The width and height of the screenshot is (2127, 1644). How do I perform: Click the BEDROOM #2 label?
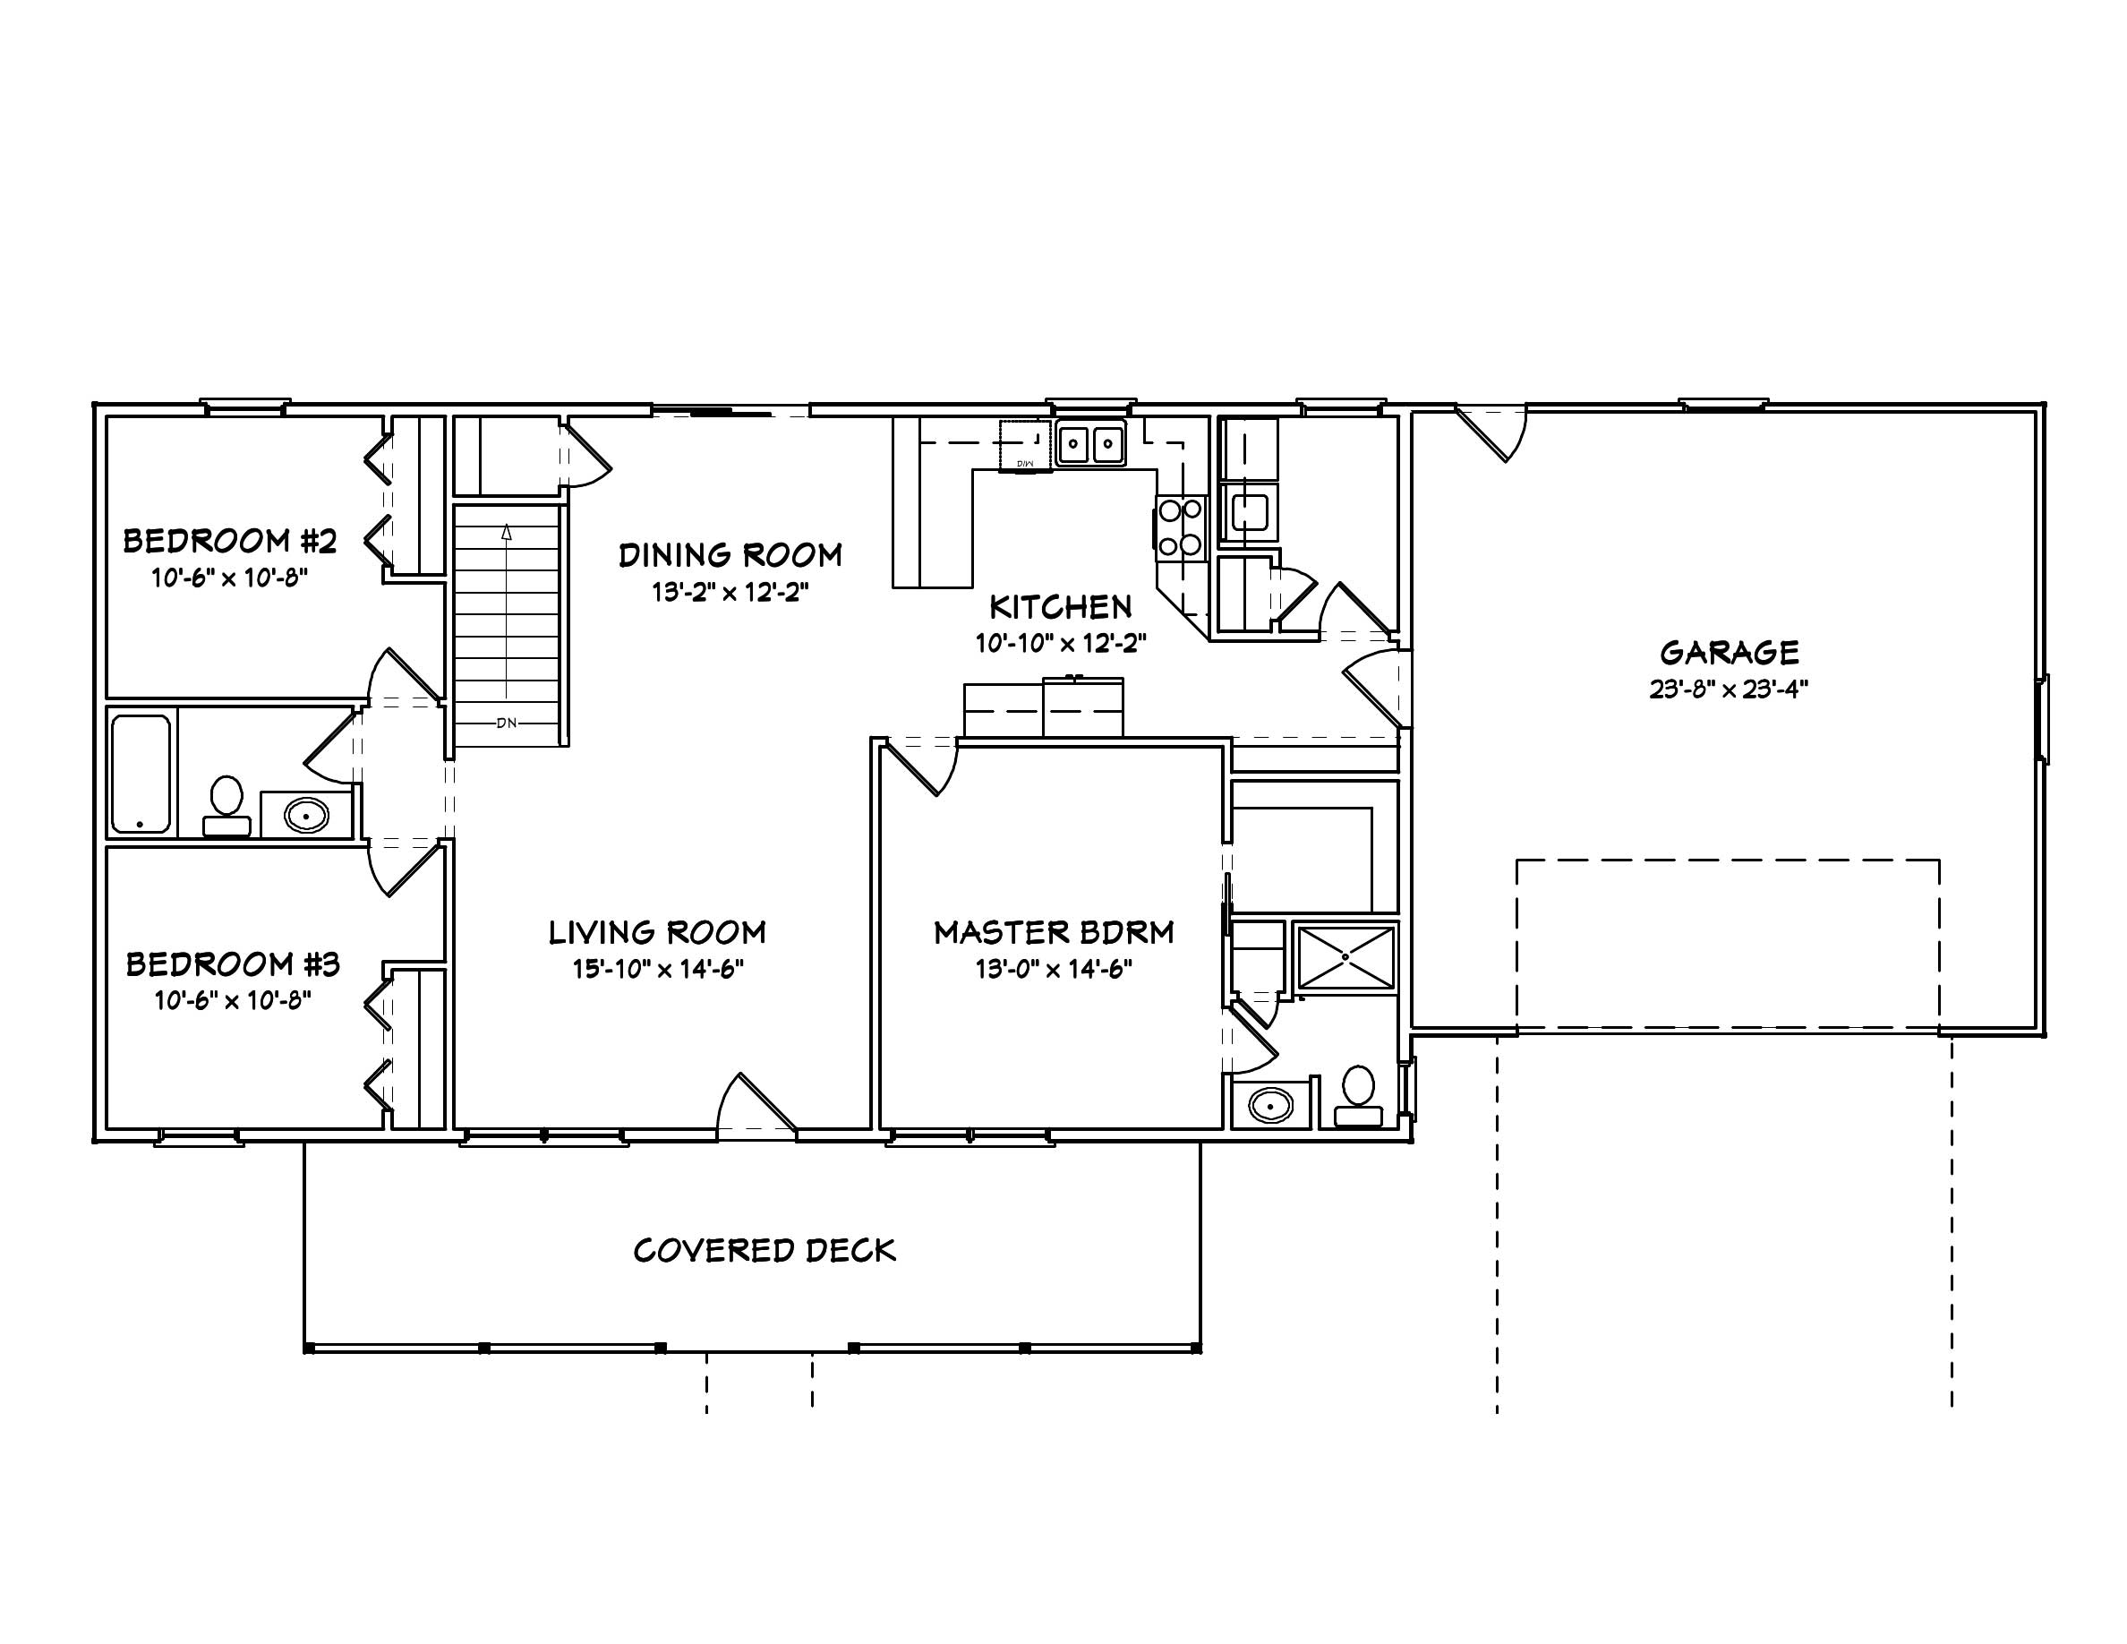[x=230, y=541]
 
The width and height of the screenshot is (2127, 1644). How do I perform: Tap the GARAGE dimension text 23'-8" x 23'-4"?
[x=1729, y=689]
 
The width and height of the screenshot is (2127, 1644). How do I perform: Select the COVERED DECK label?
[x=765, y=1251]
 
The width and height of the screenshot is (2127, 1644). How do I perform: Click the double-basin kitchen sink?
[x=1090, y=445]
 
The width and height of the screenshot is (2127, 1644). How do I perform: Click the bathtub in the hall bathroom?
[x=141, y=775]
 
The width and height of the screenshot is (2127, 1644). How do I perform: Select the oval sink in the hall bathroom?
[x=307, y=814]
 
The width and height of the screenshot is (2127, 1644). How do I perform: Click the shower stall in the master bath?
[x=1345, y=957]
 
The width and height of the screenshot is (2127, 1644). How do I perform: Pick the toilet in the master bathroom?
[x=1358, y=1096]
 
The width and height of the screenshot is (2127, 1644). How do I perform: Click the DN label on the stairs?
[x=507, y=723]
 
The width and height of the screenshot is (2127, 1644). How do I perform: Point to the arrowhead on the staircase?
[x=507, y=532]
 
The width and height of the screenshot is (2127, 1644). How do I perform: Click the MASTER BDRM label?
[x=1054, y=933]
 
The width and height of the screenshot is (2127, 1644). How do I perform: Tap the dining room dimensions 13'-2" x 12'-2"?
[x=730, y=592]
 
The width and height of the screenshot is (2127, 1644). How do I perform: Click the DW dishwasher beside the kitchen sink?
[x=1024, y=446]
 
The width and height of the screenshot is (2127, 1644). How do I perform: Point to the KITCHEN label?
[x=1061, y=608]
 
